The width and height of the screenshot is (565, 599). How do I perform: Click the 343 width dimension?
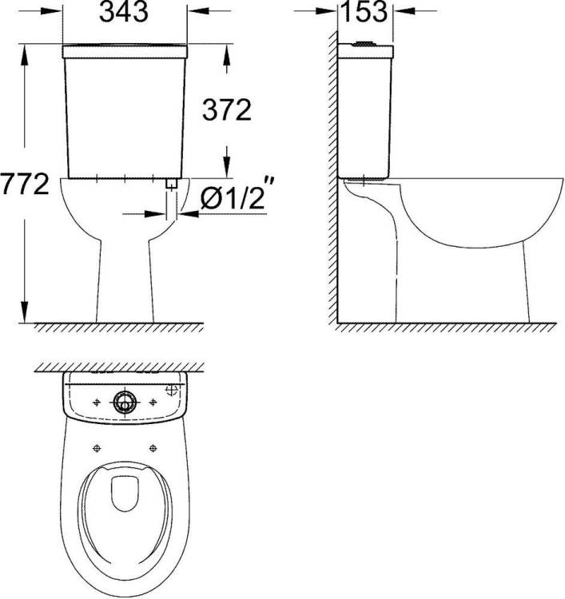click(124, 11)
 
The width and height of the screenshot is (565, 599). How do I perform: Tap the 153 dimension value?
click(364, 11)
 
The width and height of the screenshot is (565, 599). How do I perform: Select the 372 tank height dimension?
click(227, 110)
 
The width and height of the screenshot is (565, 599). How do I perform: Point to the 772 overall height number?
click(25, 184)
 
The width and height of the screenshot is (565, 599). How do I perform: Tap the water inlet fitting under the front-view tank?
click(172, 184)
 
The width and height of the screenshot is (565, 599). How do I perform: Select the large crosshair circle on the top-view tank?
click(172, 390)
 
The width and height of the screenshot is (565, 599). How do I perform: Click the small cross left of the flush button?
click(97, 402)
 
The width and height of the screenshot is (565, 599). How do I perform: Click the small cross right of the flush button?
click(153, 402)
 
